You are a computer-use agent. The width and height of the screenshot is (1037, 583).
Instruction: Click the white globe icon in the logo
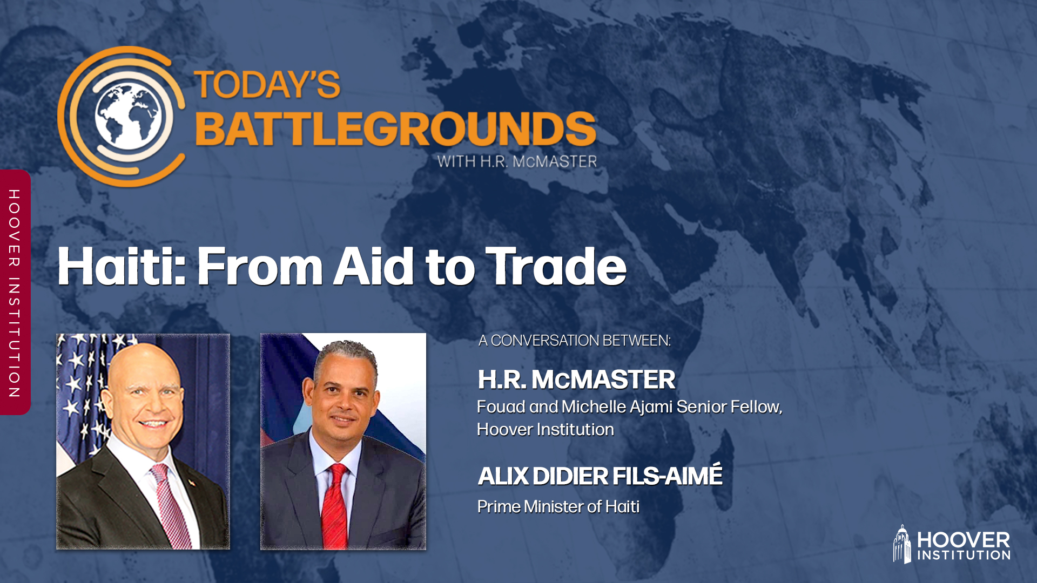tap(128, 116)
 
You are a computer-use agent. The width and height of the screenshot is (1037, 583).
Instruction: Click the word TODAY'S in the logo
tap(267, 85)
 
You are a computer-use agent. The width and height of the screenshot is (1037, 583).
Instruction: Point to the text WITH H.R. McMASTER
tap(517, 161)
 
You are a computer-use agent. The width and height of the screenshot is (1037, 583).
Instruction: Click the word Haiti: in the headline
tap(121, 266)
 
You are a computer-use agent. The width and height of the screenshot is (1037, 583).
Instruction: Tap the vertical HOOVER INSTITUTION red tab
tap(15, 293)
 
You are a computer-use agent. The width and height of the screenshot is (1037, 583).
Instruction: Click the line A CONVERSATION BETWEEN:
tap(574, 341)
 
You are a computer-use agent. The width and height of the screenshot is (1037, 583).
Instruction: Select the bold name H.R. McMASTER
tap(576, 379)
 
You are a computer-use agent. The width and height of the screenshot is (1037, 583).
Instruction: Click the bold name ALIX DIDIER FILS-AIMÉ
tap(600, 476)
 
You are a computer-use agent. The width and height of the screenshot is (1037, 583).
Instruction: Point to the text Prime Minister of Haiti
tap(558, 506)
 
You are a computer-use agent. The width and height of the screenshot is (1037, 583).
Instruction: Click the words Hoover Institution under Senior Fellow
tap(545, 430)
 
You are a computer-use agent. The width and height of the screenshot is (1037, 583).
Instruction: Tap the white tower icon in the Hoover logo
tap(901, 544)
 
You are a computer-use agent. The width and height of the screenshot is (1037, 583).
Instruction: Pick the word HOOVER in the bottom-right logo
tap(963, 540)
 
